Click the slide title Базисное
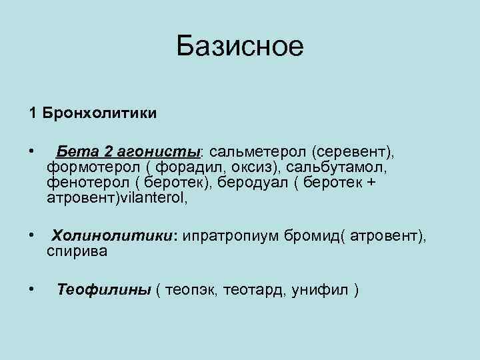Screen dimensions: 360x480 pyautogui.click(x=240, y=47)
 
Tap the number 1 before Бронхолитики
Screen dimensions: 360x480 pyautogui.click(x=32, y=112)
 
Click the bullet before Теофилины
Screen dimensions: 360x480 pyautogui.click(x=31, y=289)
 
